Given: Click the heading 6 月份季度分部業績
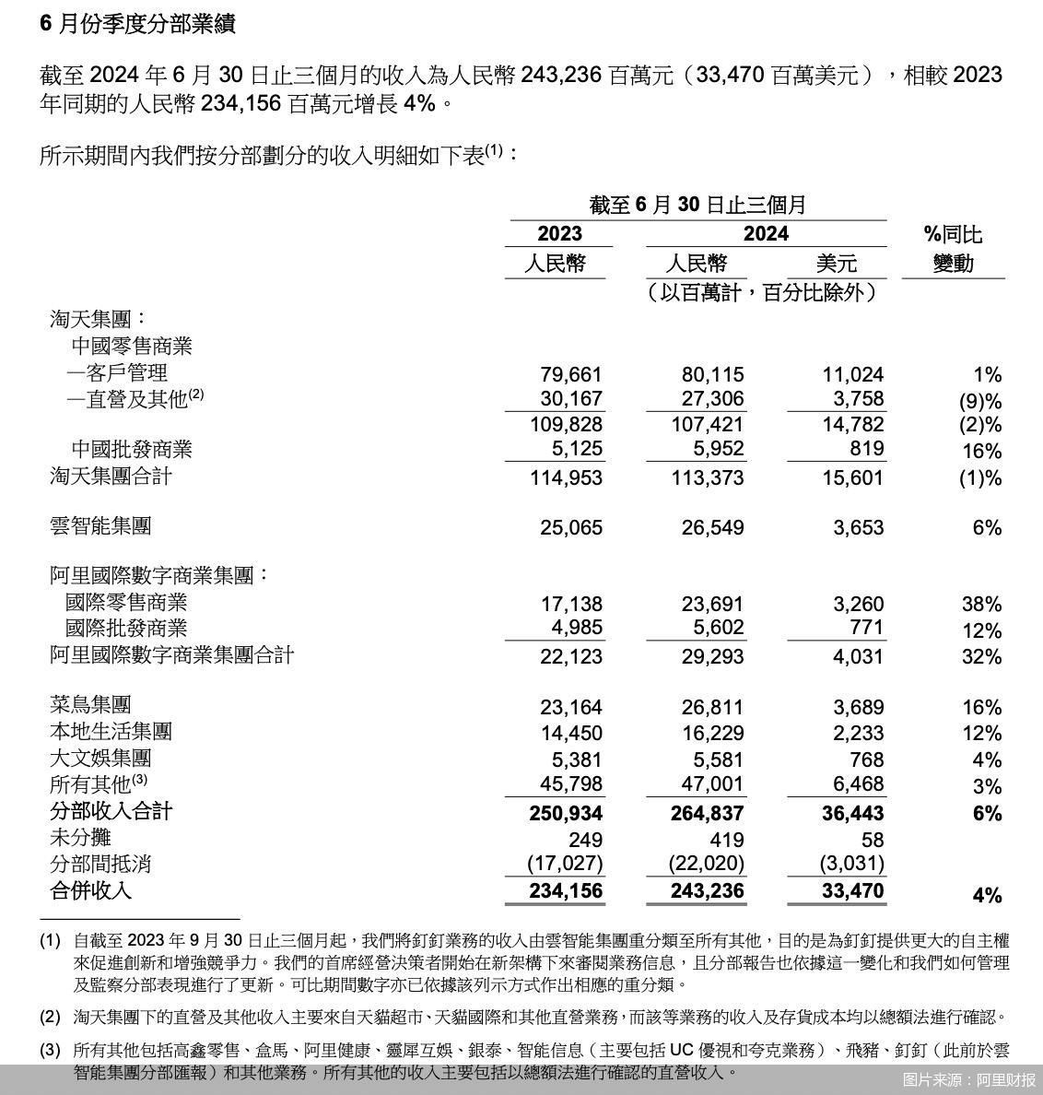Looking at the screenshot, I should click(x=138, y=24).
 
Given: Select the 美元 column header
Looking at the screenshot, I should click(x=837, y=264).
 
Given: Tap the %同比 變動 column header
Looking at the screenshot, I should click(x=953, y=249).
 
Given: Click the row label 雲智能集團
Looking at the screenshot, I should click(x=100, y=526).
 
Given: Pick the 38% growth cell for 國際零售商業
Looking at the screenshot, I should click(x=981, y=605).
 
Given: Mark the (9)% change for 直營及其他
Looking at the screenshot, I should click(x=979, y=401).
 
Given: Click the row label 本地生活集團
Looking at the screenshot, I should click(x=111, y=732).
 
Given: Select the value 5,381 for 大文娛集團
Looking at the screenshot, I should click(x=578, y=759).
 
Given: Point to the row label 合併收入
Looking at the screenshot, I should click(x=90, y=890).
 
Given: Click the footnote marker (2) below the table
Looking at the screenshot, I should click(x=50, y=1018).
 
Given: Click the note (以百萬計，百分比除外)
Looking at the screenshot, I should click(x=760, y=293).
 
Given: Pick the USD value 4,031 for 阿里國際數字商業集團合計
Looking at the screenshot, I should click(x=858, y=656).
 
